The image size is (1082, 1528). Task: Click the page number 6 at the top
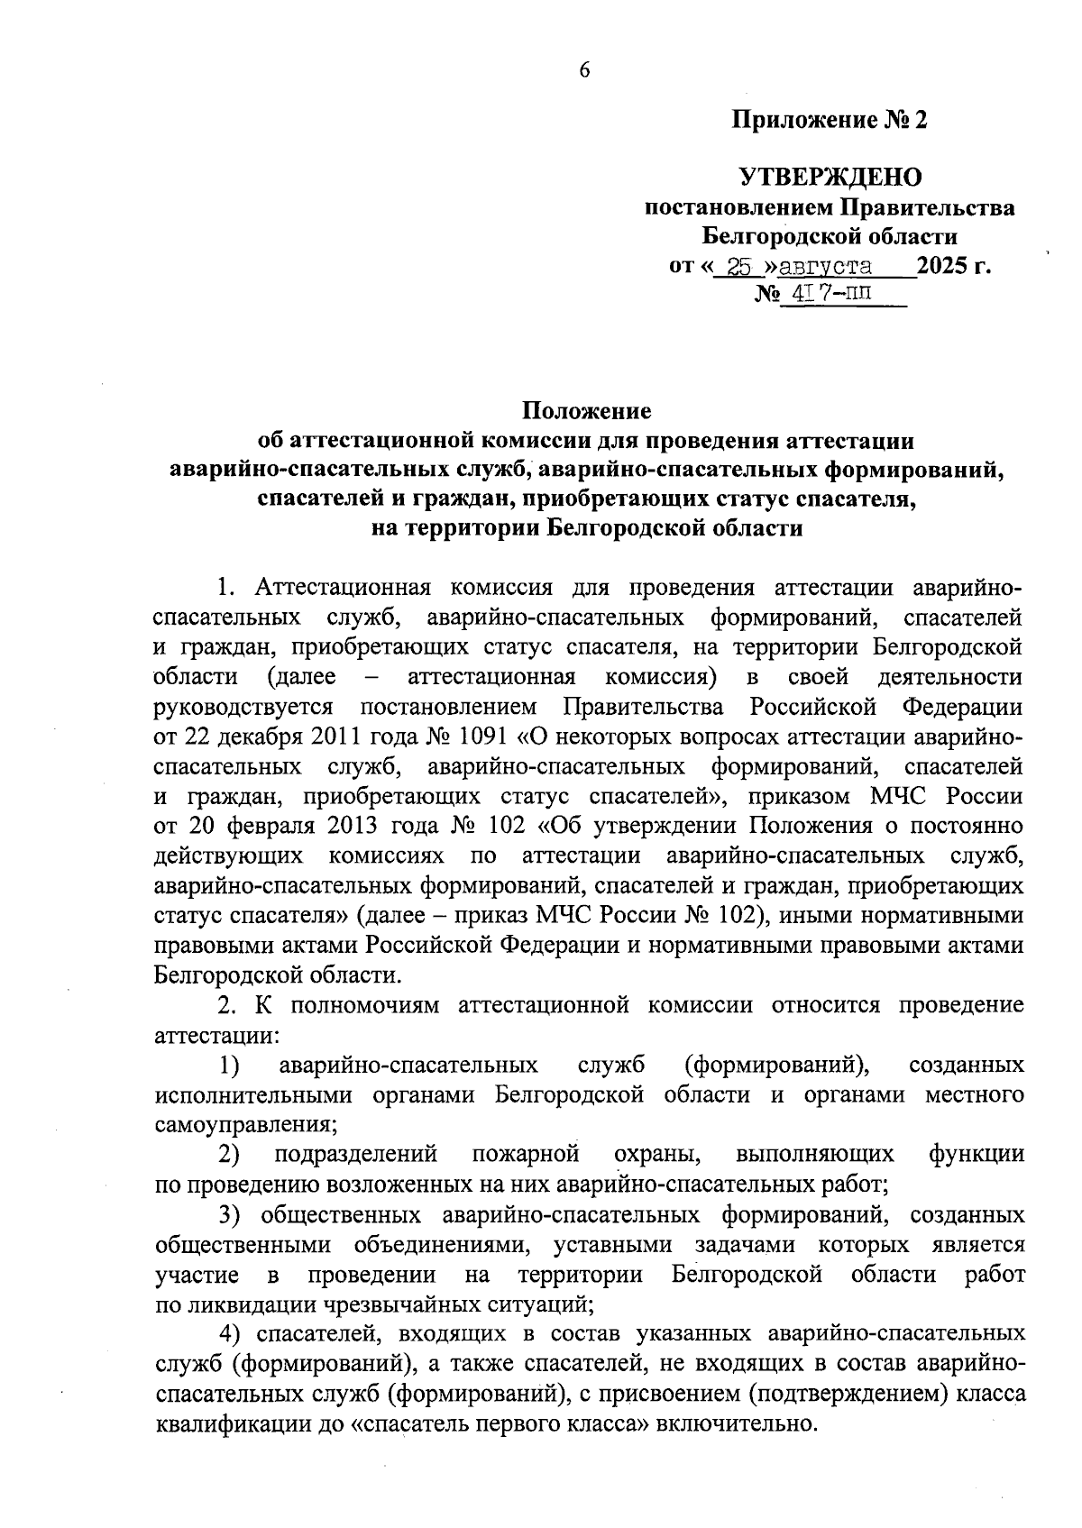(x=584, y=71)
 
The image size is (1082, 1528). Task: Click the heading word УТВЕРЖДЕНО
(x=830, y=177)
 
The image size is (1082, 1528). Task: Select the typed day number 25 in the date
(x=740, y=267)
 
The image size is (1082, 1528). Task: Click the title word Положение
(x=587, y=412)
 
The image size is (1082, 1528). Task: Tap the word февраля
(x=268, y=826)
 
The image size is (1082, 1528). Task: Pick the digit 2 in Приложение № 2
(x=920, y=120)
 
